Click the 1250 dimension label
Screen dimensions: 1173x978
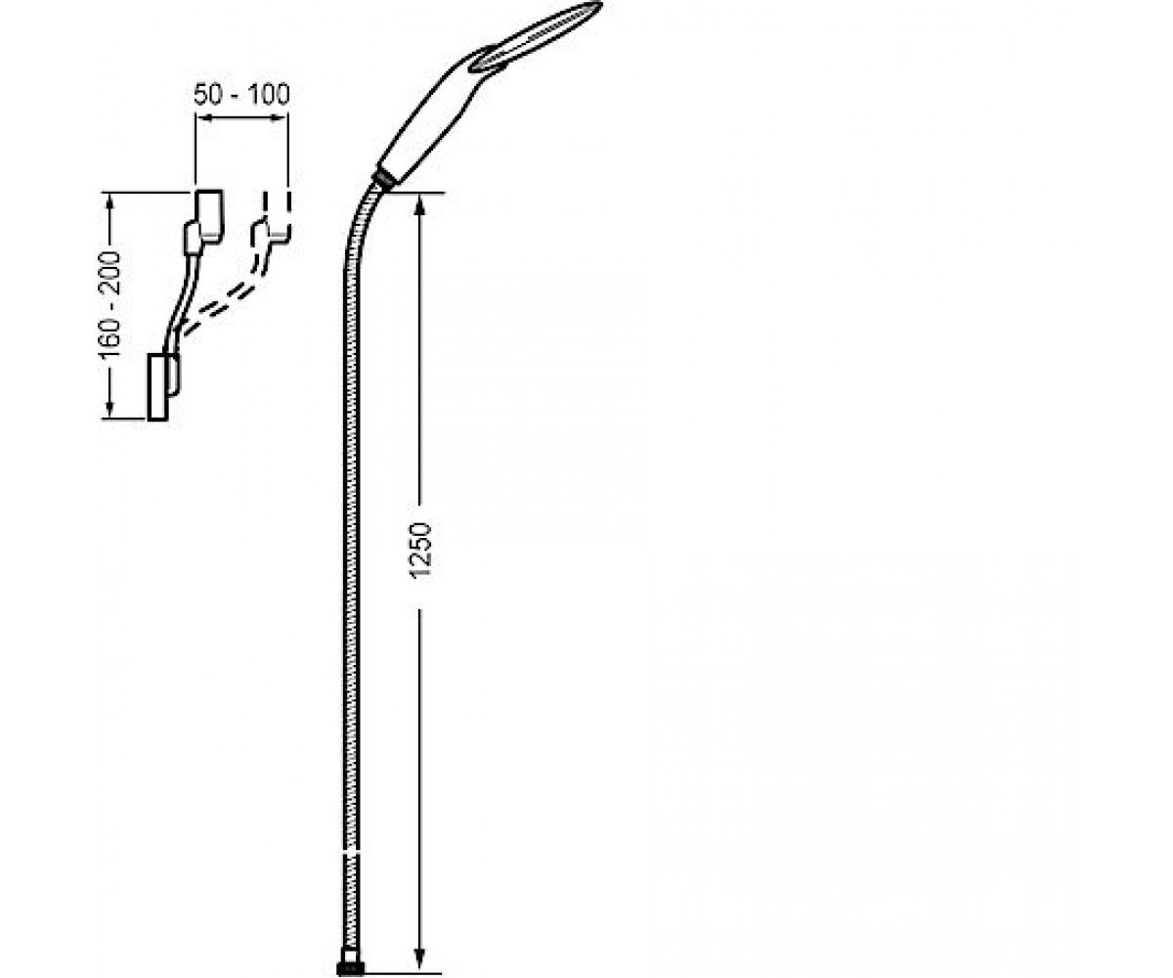[x=420, y=551]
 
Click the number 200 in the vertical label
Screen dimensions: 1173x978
[x=109, y=273]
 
